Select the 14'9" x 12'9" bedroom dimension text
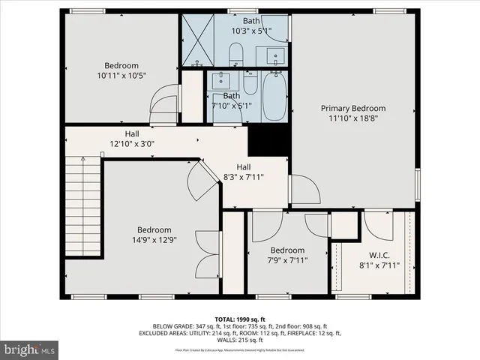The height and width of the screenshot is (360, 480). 154,240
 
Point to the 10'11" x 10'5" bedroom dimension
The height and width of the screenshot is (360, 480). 121,76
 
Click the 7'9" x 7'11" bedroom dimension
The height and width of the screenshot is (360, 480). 287,260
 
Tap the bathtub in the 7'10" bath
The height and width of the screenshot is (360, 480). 274,96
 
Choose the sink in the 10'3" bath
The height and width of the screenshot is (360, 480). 275,55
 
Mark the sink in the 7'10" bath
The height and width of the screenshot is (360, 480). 222,80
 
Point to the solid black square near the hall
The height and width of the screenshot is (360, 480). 268,139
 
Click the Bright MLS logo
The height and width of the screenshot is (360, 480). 30,349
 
